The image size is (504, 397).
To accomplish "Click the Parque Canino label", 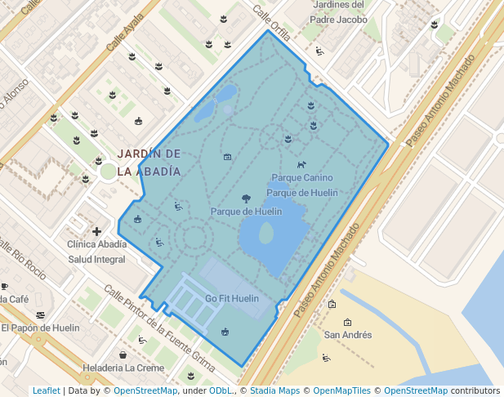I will coord(301,177).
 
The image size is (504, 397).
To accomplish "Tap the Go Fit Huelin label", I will coord(232,299).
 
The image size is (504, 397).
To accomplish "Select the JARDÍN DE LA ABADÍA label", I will coord(149,163).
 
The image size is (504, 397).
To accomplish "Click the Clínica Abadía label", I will coord(97,244).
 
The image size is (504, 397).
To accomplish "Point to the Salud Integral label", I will coord(96,259).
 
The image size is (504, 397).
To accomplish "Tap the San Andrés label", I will coord(348,335).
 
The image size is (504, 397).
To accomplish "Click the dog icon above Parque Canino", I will coord(301,164).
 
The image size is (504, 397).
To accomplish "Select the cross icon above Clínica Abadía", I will coord(97,231).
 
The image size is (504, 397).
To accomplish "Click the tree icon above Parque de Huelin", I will coord(246,198).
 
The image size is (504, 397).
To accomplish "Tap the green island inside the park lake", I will coord(266,234).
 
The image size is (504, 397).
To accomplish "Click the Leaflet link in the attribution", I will coord(46,391).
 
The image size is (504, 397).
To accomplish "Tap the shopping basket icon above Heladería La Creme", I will coord(123,355).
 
